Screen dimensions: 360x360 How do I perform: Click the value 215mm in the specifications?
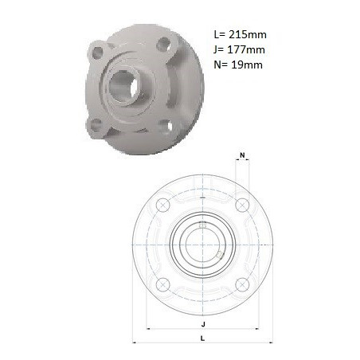coord(248,35)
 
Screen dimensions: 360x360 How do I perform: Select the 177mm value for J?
coord(246,49)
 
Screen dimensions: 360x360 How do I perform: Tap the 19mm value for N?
coord(247,65)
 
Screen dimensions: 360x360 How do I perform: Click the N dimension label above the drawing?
coord(242,155)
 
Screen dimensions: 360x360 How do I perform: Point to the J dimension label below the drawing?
coord(203,324)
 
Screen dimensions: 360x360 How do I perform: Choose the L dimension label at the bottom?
coord(202,338)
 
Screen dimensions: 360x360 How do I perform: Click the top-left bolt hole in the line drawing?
coord(163,205)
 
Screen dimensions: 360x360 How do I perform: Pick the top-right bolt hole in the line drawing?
coord(242,205)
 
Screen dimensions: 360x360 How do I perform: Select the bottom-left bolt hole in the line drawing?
coord(163,284)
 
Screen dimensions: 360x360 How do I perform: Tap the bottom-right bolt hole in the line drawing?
coord(242,284)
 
